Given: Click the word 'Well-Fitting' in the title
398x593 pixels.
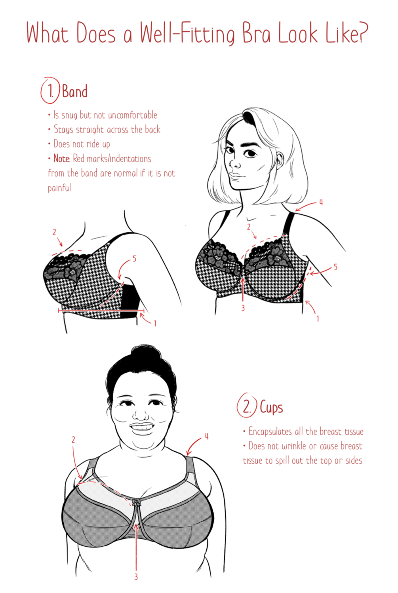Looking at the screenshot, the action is pyautogui.click(x=187, y=34).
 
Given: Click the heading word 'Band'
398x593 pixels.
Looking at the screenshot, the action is pyautogui.click(x=75, y=91).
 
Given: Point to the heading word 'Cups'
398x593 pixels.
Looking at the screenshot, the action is pyautogui.click(x=271, y=407).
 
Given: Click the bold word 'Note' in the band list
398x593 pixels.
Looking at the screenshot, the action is pyautogui.click(x=62, y=159).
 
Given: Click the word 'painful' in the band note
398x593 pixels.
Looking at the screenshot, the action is pyautogui.click(x=60, y=188).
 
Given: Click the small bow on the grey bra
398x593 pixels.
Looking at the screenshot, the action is pyautogui.click(x=137, y=502).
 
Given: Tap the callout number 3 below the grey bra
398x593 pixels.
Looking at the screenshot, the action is pyautogui.click(x=136, y=577).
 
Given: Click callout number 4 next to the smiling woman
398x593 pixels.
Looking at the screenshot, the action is pyautogui.click(x=207, y=436).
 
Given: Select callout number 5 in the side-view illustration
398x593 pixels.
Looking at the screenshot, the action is pyautogui.click(x=134, y=259).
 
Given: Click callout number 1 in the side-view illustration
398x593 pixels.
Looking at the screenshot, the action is pyautogui.click(x=155, y=323).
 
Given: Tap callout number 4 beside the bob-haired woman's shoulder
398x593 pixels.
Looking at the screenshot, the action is pyautogui.click(x=321, y=203).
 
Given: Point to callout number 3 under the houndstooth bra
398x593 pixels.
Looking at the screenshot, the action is pyautogui.click(x=243, y=308).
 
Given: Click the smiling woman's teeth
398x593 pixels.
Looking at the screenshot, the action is pyautogui.click(x=142, y=427).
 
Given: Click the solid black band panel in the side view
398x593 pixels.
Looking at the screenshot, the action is pyautogui.click(x=130, y=301).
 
